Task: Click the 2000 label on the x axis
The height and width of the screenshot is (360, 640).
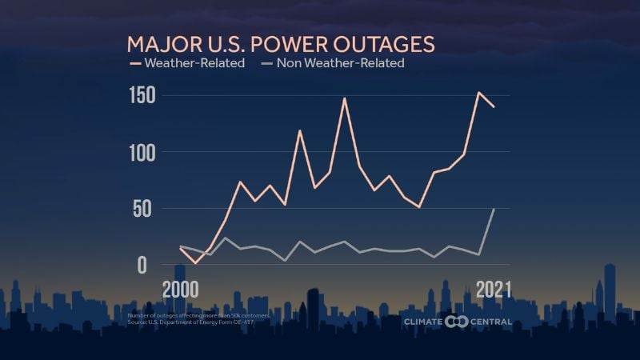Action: [182, 289]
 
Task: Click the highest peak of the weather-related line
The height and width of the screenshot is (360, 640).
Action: [478, 93]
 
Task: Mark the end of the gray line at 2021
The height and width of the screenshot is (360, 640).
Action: [494, 209]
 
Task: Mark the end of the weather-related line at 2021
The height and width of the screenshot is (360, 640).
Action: [494, 106]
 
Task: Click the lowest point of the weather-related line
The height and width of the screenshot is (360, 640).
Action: [195, 262]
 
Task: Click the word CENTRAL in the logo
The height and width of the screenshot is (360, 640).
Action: [491, 322]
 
